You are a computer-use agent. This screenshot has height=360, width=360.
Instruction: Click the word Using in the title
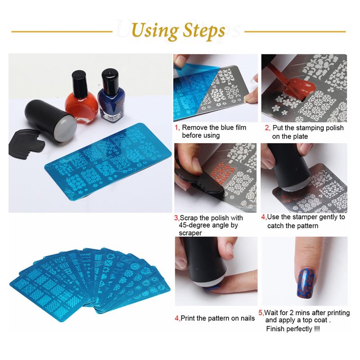click(x=155, y=31)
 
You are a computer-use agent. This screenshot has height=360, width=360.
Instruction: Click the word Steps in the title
click(x=204, y=31)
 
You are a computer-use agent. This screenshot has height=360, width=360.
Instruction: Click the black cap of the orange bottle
click(x=79, y=81)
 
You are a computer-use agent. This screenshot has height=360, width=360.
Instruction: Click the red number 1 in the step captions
click(x=177, y=128)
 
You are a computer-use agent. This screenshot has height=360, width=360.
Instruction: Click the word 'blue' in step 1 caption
click(x=228, y=127)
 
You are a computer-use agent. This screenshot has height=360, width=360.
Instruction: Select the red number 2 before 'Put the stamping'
click(x=267, y=128)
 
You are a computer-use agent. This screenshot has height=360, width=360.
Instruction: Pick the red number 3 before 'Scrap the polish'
click(x=176, y=218)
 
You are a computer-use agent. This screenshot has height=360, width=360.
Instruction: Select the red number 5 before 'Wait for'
click(x=261, y=313)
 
